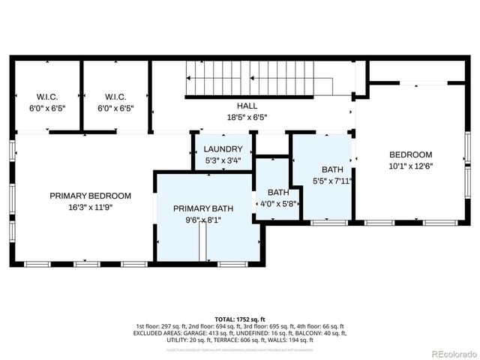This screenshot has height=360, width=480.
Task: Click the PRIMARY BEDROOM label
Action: pos(90,196)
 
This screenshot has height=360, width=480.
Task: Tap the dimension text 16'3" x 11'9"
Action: pos(90,208)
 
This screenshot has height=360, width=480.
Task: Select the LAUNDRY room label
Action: pos(223,149)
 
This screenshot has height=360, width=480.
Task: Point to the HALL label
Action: pos(247,106)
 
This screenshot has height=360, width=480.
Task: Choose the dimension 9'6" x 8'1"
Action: pos(203,220)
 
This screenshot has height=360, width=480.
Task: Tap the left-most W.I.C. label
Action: pos(47,97)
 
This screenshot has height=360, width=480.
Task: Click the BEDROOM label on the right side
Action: pos(410,154)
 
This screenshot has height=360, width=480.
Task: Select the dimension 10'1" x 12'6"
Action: pos(410,166)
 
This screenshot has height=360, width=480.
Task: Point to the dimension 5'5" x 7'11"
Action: pos(332,181)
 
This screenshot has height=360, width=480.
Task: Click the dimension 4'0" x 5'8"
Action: pos(278,203)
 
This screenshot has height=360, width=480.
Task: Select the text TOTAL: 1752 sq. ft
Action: pos(240,319)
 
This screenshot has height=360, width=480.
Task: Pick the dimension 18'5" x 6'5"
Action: pos(247,117)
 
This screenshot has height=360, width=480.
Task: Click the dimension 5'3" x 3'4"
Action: pos(223,160)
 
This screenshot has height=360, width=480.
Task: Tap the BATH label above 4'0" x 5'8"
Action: pos(278,192)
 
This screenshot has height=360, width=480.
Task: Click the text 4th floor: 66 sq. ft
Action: pos(322,326)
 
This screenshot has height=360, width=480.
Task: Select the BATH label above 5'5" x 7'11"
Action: pos(332,169)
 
